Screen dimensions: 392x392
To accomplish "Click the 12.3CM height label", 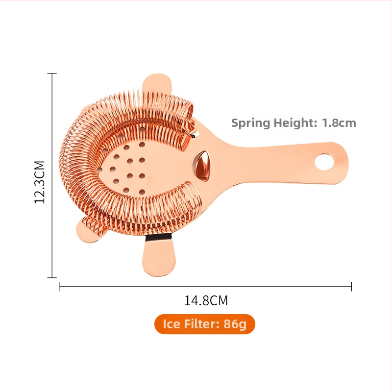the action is tap(40, 182).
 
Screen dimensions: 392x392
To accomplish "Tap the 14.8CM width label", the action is tap(206, 300).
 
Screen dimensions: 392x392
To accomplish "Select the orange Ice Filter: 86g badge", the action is tap(205, 324).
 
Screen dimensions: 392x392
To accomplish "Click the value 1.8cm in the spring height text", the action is tap(339, 123).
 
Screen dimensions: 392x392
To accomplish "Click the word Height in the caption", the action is tap(293, 123).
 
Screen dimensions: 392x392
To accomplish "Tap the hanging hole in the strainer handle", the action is tap(324, 162).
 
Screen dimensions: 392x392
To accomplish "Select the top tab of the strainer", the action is tap(157, 84).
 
